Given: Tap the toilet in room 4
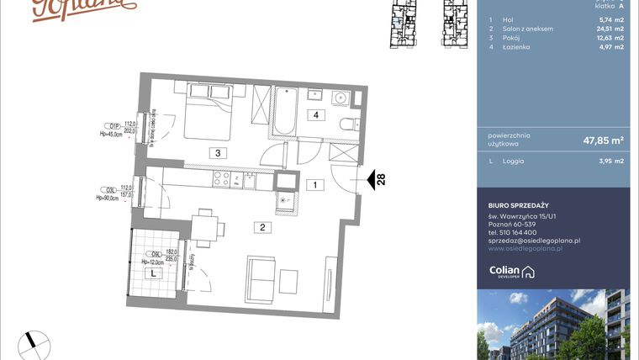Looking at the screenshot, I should (x=346, y=126).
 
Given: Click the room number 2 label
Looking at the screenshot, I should (x=262, y=226).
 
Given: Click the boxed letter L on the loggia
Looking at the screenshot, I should (x=152, y=273).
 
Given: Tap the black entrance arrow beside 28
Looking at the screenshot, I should (x=367, y=178).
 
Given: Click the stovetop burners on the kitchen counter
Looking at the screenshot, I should (x=222, y=177).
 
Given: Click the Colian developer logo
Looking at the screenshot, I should (x=512, y=271).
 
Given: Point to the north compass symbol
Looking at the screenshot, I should (x=36, y=341).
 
